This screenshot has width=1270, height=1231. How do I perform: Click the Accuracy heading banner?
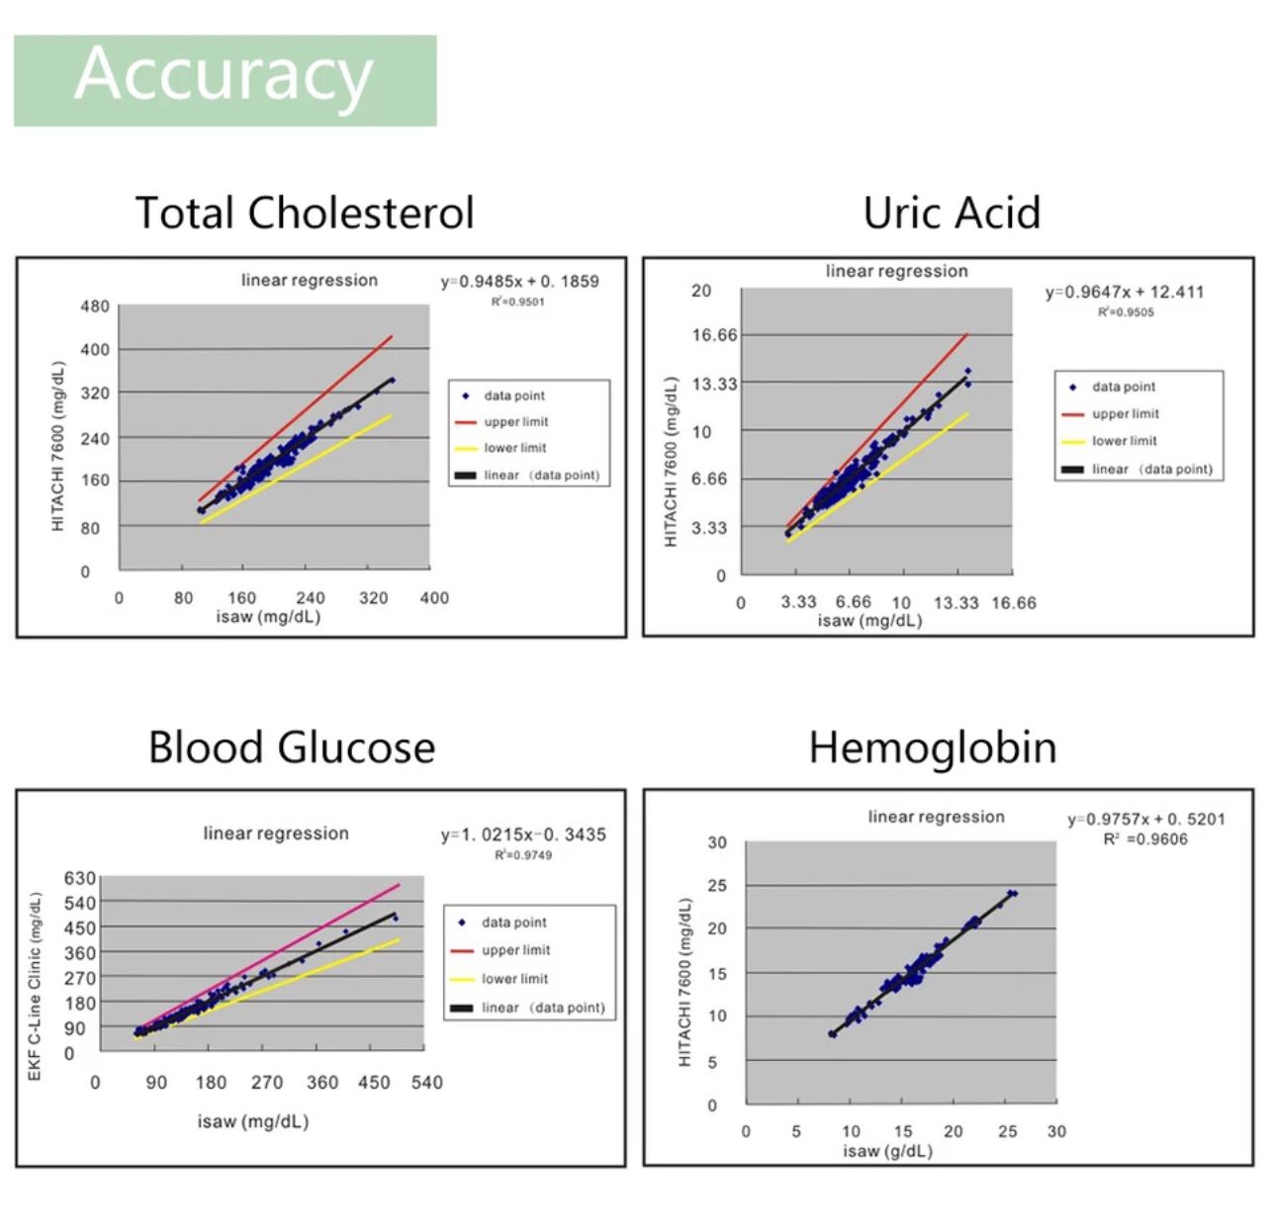[x=225, y=79]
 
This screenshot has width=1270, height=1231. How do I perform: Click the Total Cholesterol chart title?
[x=305, y=213]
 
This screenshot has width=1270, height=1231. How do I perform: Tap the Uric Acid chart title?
[x=952, y=213]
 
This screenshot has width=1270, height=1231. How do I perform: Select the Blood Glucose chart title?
[x=292, y=747]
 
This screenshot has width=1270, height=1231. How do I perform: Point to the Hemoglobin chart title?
[x=933, y=747]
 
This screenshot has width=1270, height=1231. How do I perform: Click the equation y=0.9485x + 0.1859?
[x=519, y=282]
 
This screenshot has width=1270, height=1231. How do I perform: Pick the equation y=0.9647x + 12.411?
[x=1125, y=292]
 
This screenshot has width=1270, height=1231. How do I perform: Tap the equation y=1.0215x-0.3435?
[x=523, y=835]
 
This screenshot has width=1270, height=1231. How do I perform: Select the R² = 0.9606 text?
[x=1145, y=839]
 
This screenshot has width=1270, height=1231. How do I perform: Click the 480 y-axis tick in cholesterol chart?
[x=95, y=307]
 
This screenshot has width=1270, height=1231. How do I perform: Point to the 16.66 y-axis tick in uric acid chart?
[x=714, y=335]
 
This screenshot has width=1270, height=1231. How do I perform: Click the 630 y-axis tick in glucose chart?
[x=80, y=878]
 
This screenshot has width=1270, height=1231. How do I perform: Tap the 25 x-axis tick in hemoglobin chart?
[x=1007, y=1131]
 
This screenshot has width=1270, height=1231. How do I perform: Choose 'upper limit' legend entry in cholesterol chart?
[x=515, y=422]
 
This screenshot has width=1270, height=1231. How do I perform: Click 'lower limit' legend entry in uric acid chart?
[x=1124, y=441]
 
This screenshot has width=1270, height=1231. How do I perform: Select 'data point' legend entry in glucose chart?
[x=513, y=923]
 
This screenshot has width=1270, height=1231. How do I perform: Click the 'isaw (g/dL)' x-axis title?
[x=887, y=1151]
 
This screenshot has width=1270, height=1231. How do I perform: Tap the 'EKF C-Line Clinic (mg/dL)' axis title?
[x=36, y=986]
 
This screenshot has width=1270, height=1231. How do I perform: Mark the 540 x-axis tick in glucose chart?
[x=427, y=1083]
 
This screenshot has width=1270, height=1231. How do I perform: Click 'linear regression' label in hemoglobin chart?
[x=936, y=817]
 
